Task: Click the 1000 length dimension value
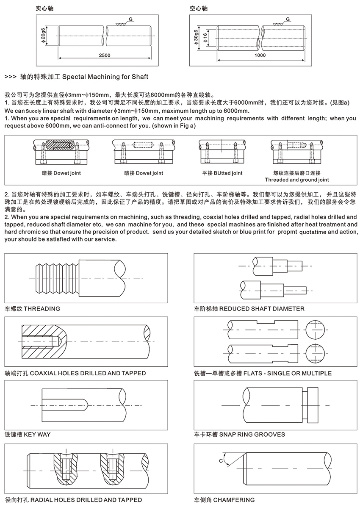[260, 55]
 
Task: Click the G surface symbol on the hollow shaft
[288, 19]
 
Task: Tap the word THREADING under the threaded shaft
[42, 309]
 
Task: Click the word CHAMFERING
[234, 500]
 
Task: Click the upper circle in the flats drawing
[316, 329]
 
